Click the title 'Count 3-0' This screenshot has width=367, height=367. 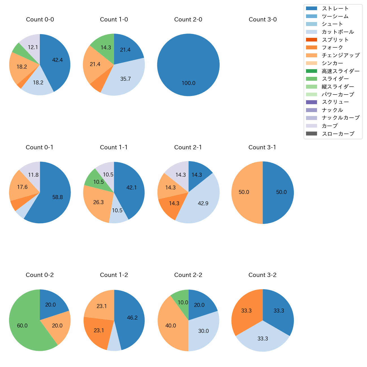[x=263, y=19]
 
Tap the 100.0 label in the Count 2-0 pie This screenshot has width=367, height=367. [x=188, y=83]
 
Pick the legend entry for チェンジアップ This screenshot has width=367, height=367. [x=340, y=55]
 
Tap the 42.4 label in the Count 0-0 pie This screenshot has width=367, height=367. [x=57, y=60]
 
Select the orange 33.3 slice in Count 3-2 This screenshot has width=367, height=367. [x=246, y=311]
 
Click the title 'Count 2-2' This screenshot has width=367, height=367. [x=188, y=275]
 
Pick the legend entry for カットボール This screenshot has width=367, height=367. [x=338, y=32]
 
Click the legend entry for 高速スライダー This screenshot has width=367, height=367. [x=340, y=71]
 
